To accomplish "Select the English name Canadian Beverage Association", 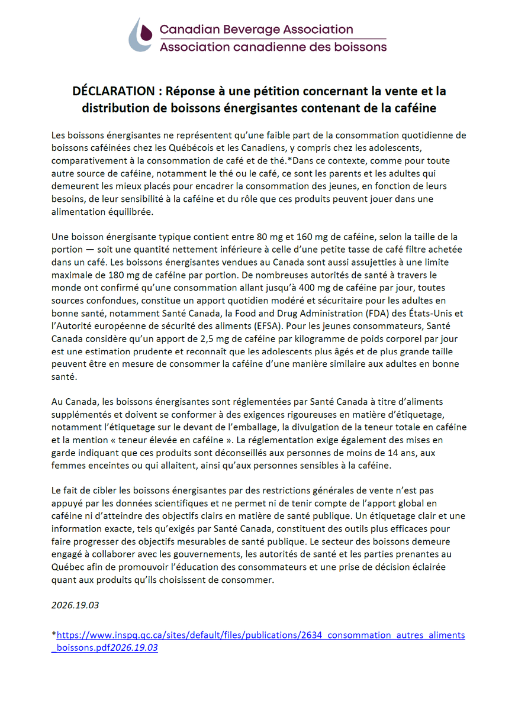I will point(256,29).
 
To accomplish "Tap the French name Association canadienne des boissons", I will point(272,47).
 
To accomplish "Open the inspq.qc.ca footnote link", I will point(260,636).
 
